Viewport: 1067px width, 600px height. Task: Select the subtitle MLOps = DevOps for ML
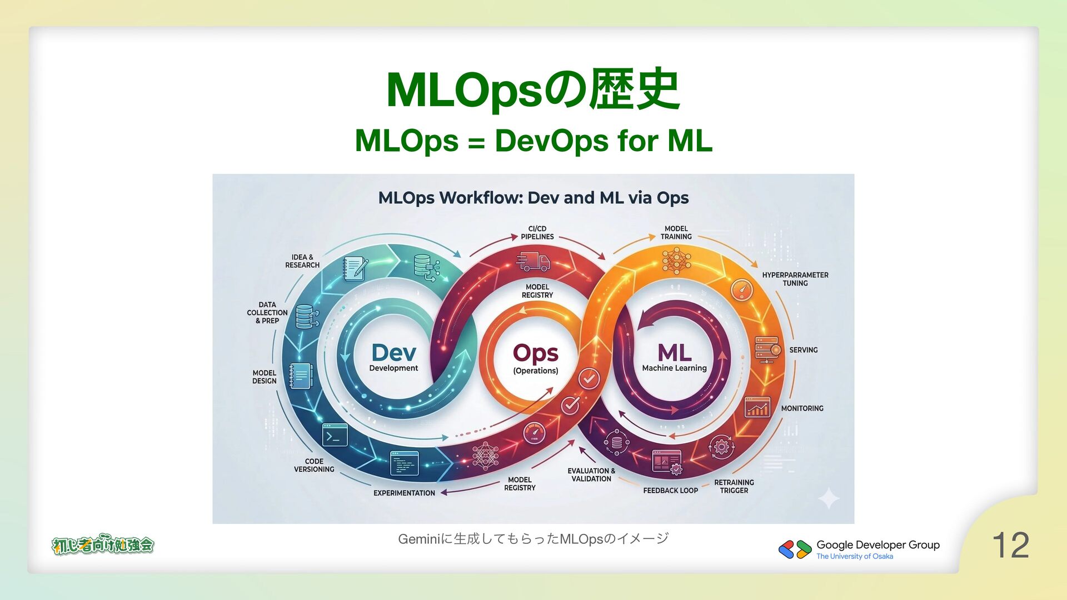pos(533,140)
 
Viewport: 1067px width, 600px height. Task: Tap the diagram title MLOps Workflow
pos(533,198)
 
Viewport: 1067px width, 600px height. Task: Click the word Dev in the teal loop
pos(393,353)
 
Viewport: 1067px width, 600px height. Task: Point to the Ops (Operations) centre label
pos(535,358)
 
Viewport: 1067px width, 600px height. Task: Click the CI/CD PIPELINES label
pos(537,233)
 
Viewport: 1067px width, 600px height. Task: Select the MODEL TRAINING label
pos(676,233)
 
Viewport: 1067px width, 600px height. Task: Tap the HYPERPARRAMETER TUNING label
pos(795,279)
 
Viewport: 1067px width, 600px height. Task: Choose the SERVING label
pos(803,350)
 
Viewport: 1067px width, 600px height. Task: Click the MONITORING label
pos(802,408)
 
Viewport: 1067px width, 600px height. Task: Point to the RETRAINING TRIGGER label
pos(734,487)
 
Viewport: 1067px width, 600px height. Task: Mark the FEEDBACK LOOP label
pos(670,491)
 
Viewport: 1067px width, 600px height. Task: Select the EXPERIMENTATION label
pos(404,493)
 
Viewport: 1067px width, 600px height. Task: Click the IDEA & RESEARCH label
pos(302,261)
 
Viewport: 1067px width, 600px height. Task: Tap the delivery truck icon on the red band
pos(532,261)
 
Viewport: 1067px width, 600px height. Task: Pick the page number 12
pos(1010,545)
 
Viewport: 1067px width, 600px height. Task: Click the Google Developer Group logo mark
pos(795,549)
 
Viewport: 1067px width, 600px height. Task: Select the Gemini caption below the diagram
pos(533,538)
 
